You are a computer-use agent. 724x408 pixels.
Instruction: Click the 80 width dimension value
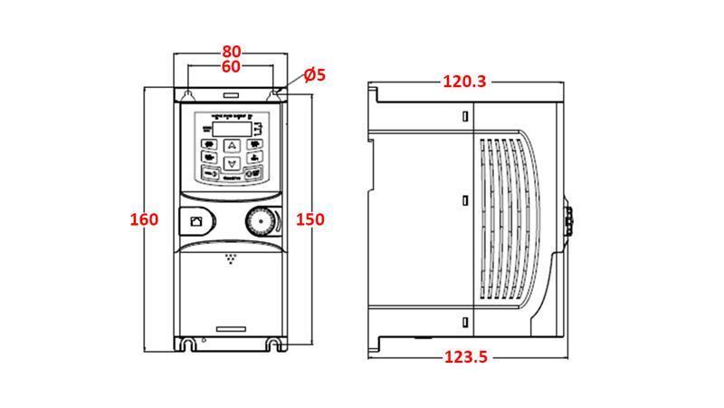(232, 52)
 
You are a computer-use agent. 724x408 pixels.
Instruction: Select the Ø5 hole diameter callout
(314, 75)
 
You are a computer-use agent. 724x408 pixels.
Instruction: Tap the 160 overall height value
(144, 219)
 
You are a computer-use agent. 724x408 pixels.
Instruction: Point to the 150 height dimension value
(310, 219)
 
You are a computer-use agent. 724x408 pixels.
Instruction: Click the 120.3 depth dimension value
(464, 82)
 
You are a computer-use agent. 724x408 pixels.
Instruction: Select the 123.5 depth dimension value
(465, 357)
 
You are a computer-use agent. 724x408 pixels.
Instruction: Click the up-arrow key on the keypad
(232, 145)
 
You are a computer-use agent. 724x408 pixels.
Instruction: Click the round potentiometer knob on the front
(258, 220)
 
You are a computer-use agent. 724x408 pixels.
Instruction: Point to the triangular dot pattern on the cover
(232, 258)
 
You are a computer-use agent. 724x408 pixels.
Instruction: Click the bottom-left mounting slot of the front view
(188, 345)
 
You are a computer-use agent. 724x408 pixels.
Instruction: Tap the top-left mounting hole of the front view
(186, 92)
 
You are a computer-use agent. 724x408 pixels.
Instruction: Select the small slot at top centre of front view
(231, 93)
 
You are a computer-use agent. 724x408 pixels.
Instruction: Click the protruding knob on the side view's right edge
(570, 219)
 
